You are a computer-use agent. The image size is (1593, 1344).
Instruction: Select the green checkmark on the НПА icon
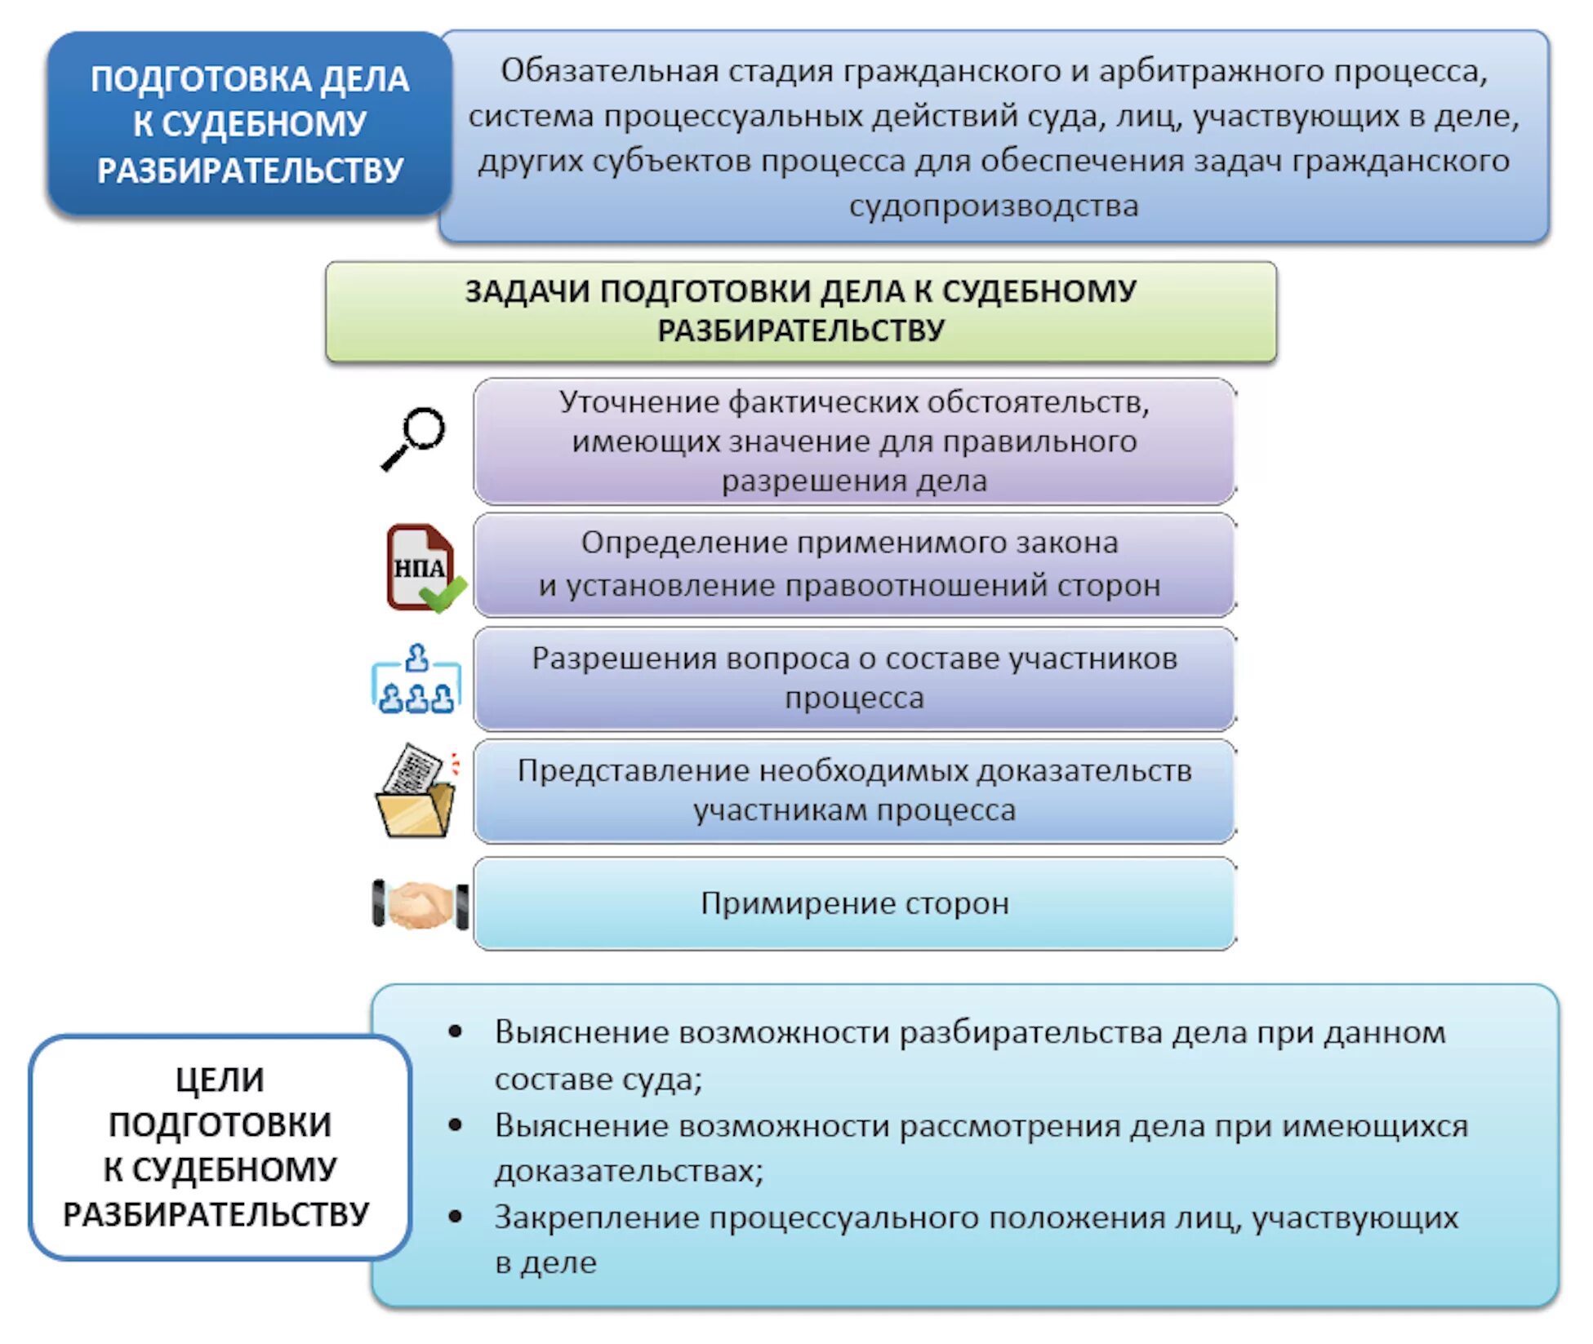click(445, 594)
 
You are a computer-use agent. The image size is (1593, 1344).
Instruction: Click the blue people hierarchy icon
click(416, 680)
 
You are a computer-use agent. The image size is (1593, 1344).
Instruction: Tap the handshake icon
click(420, 904)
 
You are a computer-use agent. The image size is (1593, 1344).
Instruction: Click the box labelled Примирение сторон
click(854, 903)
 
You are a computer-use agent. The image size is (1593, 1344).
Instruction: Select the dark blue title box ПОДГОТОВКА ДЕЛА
click(249, 124)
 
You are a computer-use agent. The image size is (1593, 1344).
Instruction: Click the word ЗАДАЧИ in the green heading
click(527, 291)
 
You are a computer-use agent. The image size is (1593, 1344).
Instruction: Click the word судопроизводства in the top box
click(993, 206)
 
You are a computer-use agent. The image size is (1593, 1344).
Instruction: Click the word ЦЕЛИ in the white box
click(220, 1080)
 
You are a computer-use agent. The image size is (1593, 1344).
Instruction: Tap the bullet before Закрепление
click(456, 1218)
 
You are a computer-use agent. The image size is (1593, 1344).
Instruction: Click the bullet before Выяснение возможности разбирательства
click(456, 1032)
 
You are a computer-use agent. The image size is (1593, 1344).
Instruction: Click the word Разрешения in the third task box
click(624, 659)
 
